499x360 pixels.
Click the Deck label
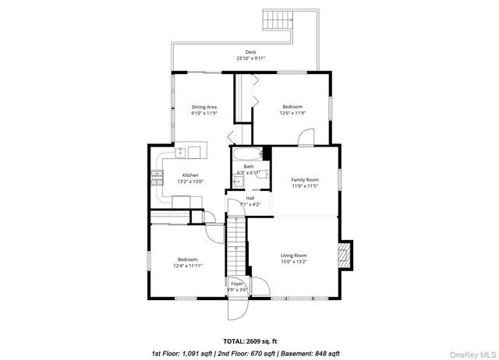coord(250,52)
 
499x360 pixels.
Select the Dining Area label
coord(204,107)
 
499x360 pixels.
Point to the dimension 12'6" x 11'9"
coord(292,113)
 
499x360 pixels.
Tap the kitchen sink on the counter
coord(181,151)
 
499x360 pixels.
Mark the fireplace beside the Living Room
coord(345,255)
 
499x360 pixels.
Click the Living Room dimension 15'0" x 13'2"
coord(294,262)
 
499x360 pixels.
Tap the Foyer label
coord(236,283)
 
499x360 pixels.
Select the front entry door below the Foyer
coord(236,309)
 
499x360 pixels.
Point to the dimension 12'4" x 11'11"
coord(187,266)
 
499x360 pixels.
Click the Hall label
coord(250,198)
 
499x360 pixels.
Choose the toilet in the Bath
coord(264,174)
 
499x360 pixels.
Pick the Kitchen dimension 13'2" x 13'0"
coord(190,182)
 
